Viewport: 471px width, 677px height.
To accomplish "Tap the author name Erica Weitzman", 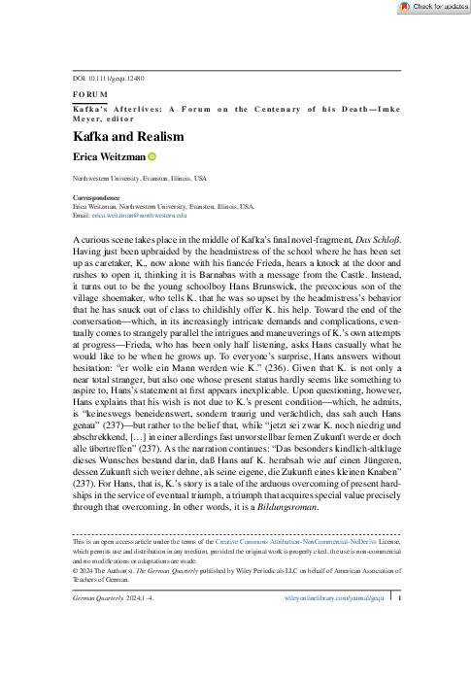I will click(109, 156).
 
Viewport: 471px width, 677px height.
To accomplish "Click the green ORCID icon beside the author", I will click(152, 156).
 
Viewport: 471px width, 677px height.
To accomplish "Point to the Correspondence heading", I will click(102, 197).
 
